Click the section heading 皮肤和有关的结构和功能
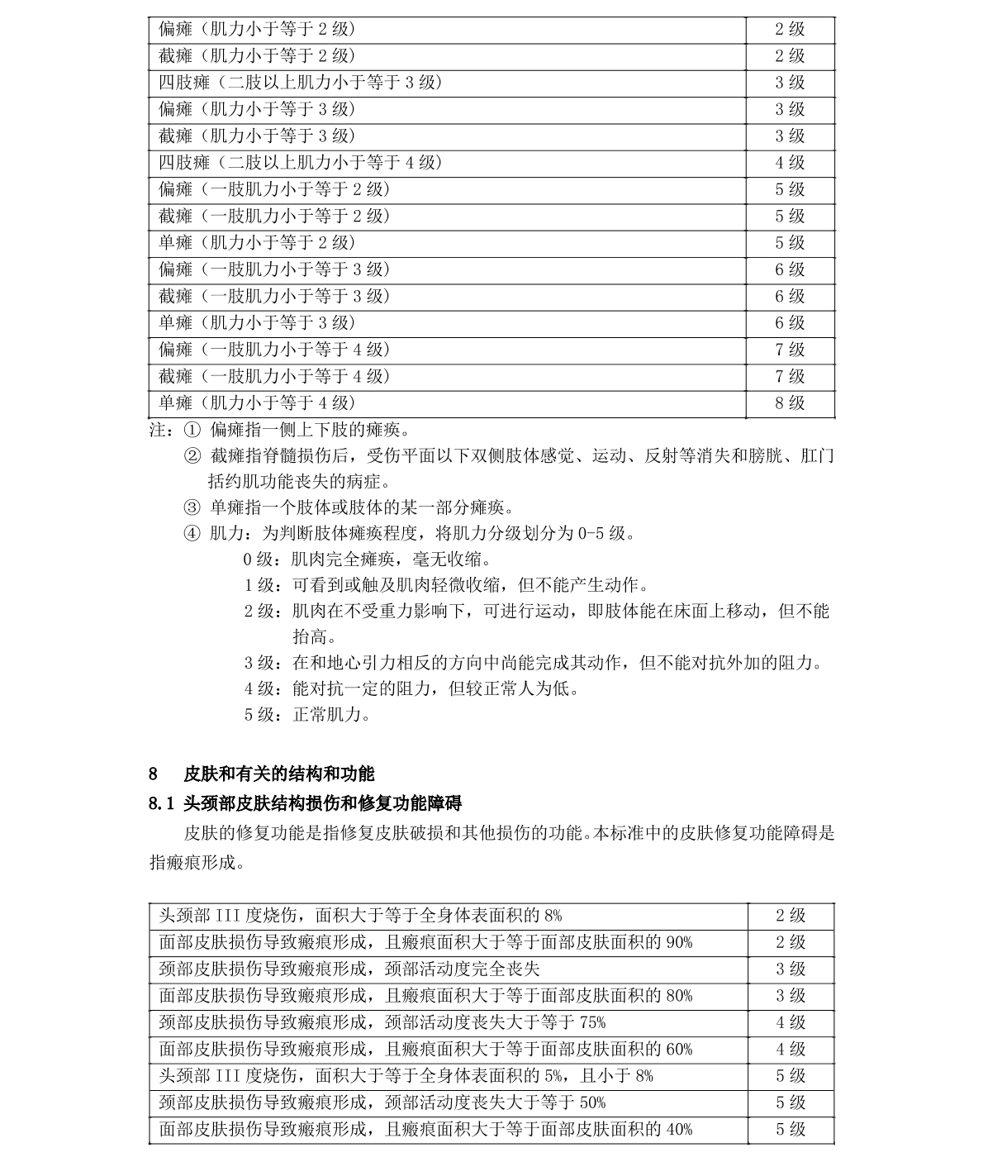click(278, 774)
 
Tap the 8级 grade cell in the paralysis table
click(789, 403)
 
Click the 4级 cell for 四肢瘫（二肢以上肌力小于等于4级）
click(789, 163)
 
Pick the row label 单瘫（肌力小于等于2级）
click(257, 243)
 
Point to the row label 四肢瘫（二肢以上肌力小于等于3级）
click(301, 83)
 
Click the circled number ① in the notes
click(192, 431)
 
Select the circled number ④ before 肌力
click(192, 533)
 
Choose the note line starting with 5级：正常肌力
click(307, 714)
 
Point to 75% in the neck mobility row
click(592, 1022)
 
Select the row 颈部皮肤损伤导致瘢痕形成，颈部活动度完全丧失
click(349, 969)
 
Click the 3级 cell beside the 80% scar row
click(790, 996)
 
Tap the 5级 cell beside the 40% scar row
click(790, 1129)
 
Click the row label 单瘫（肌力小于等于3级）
click(257, 323)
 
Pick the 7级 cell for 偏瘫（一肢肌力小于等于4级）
click(789, 350)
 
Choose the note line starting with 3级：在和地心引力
click(533, 663)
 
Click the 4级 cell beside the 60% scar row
click(790, 1049)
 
